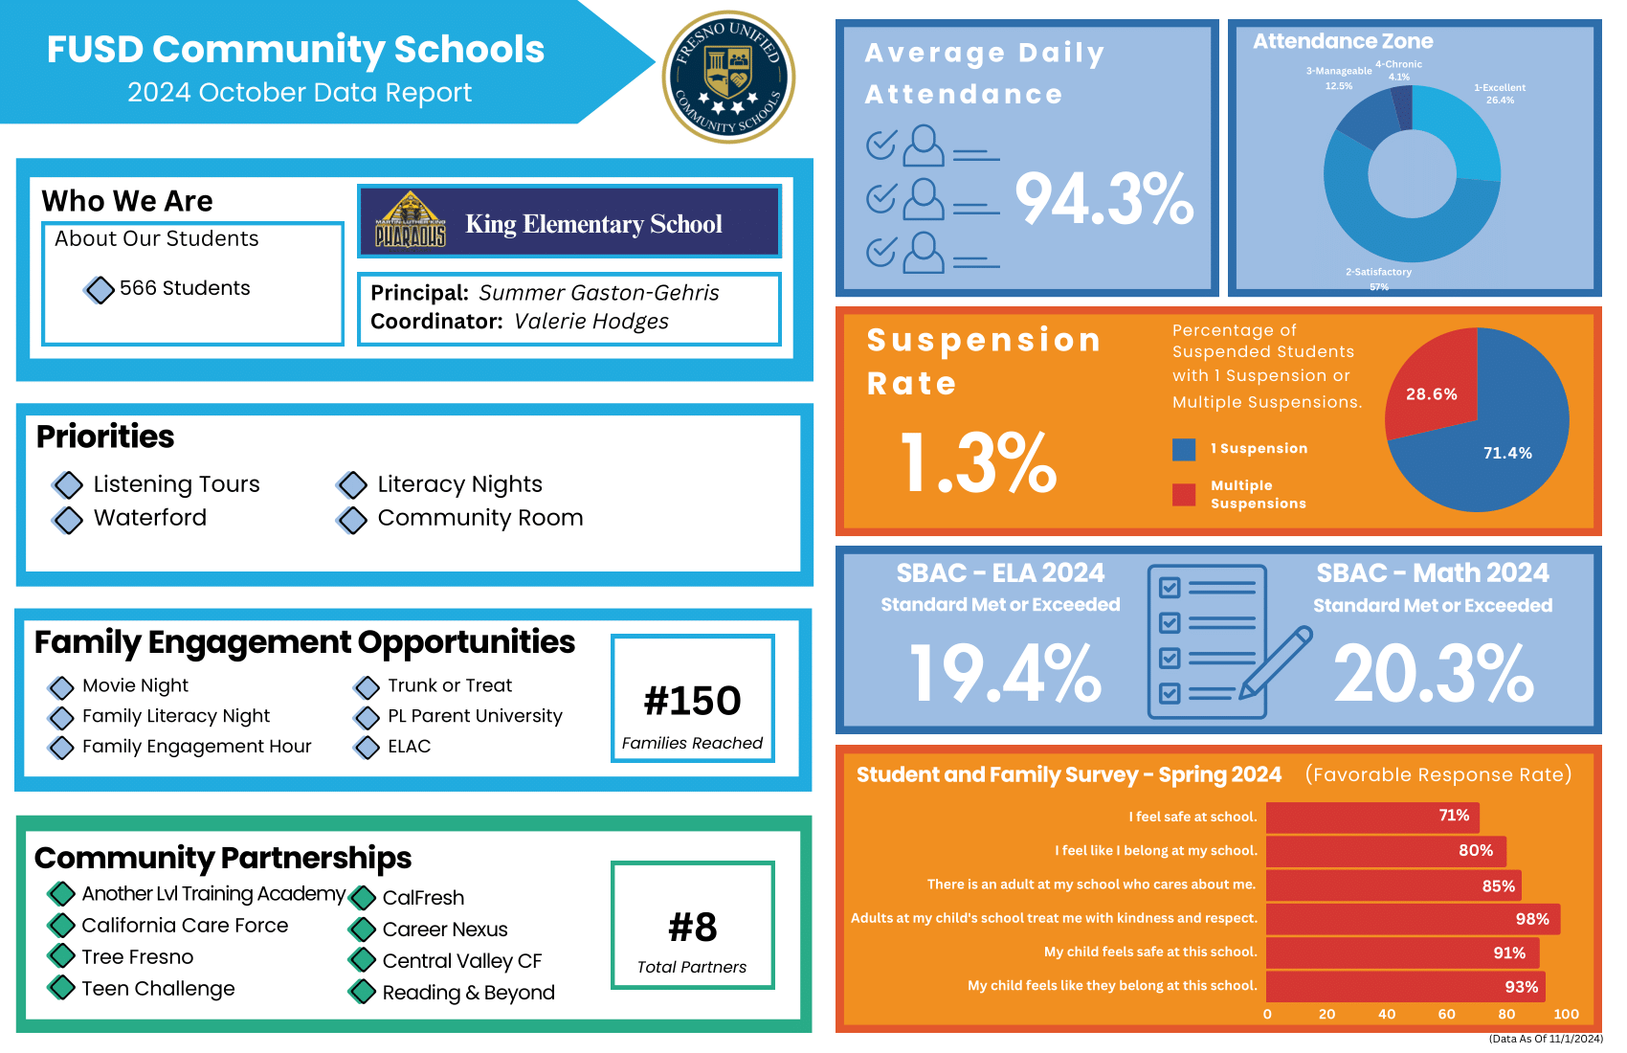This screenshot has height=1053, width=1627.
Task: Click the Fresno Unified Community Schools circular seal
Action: click(x=728, y=77)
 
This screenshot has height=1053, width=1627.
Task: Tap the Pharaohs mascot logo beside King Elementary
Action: click(x=410, y=221)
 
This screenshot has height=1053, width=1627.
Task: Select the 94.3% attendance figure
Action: click(x=1103, y=199)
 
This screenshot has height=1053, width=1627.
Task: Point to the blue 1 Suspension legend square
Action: click(x=1184, y=449)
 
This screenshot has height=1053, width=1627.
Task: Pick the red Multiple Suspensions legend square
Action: click(x=1184, y=494)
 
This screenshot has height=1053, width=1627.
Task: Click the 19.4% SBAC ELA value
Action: click(x=1005, y=673)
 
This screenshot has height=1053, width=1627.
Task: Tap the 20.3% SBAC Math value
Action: click(x=1433, y=673)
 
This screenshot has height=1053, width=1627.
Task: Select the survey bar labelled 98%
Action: click(x=1413, y=919)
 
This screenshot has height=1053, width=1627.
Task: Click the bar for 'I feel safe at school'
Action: click(x=1372, y=817)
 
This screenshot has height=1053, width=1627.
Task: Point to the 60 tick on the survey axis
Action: click(x=1446, y=1014)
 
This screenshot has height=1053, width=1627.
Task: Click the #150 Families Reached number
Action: click(x=692, y=701)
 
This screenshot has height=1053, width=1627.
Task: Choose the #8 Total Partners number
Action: click(x=692, y=927)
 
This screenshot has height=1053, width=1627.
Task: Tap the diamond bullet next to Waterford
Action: click(x=68, y=520)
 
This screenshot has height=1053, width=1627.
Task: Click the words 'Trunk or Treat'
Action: click(x=449, y=685)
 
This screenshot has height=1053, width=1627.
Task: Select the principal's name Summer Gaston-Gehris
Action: click(x=598, y=293)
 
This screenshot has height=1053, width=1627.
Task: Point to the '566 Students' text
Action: click(x=185, y=288)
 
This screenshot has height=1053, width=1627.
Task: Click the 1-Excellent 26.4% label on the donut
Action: click(x=1500, y=94)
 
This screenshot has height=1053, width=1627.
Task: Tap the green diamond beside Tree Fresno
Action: click(x=62, y=955)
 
